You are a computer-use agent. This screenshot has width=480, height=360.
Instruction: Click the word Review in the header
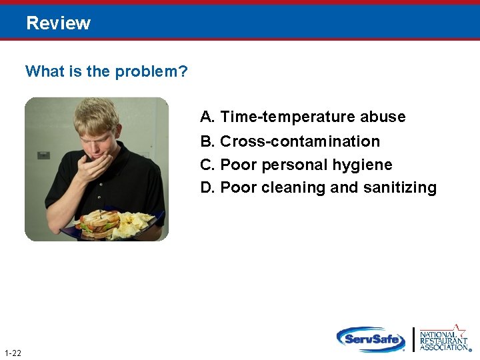coord(58,23)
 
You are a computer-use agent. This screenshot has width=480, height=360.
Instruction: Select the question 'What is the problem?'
coord(106,71)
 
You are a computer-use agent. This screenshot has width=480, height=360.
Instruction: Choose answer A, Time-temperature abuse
coord(303,117)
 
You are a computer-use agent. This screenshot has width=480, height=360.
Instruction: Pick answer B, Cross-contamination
coord(290,141)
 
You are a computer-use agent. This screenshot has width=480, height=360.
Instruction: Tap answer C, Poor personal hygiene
coord(296,165)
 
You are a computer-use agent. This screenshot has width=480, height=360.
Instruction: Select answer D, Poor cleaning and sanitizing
coord(318,188)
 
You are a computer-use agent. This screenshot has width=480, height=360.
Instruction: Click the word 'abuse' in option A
coord(383,117)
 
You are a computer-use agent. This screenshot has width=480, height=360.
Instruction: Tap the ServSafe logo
coord(371,339)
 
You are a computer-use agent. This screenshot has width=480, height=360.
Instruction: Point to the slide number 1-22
coord(12,353)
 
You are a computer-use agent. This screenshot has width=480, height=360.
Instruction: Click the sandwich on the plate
coord(99,223)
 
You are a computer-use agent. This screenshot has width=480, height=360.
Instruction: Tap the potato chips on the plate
coord(136,225)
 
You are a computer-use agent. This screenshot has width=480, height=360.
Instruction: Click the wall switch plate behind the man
coord(43,155)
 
